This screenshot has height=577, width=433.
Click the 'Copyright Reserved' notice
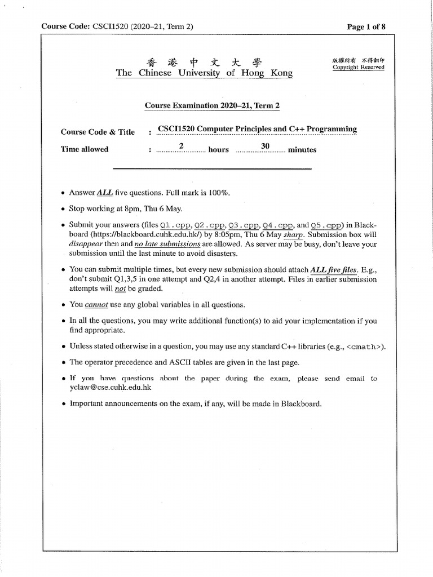click(359, 67)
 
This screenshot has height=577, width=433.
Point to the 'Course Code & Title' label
click(98, 132)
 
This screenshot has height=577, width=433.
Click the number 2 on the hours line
click(182, 146)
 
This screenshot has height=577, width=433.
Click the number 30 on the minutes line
click(264, 146)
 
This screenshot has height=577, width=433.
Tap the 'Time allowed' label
click(85, 149)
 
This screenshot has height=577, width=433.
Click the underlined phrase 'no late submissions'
click(167, 244)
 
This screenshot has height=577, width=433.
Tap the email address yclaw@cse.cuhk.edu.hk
click(111, 388)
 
